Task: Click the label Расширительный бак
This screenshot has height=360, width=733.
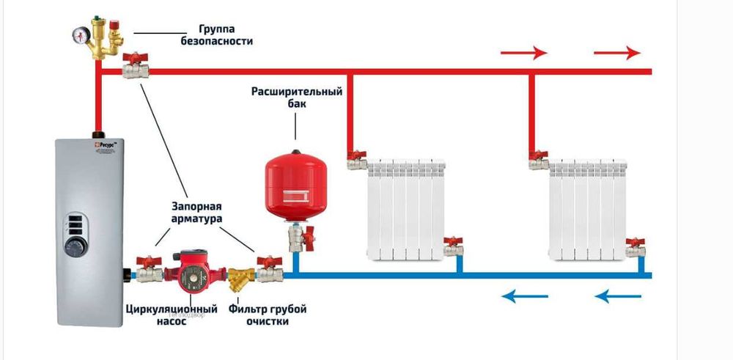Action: click(x=297, y=98)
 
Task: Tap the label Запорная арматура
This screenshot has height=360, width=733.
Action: click(x=196, y=213)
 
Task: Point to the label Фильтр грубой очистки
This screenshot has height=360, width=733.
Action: click(x=267, y=315)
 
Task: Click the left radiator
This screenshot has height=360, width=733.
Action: click(x=405, y=210)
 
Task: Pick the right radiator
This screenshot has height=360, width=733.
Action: click(x=588, y=210)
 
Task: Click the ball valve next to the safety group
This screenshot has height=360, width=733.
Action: click(x=136, y=68)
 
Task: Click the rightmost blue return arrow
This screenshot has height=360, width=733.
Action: click(x=617, y=296)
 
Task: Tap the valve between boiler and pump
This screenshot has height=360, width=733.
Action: click(x=150, y=271)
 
